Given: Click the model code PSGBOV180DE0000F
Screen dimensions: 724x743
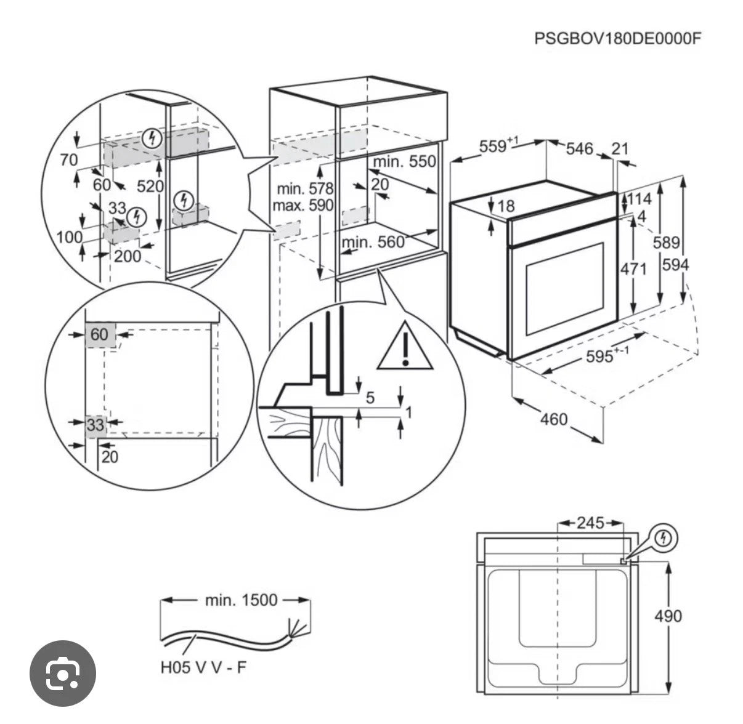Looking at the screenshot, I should click(x=617, y=38).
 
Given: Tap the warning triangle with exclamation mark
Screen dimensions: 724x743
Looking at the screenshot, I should click(x=405, y=348).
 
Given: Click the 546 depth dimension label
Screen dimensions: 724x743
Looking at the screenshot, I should click(x=579, y=148).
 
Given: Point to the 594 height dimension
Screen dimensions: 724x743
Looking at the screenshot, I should click(x=676, y=265).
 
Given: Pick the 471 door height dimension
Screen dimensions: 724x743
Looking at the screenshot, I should click(x=633, y=269).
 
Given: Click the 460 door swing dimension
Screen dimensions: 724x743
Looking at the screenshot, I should click(x=553, y=419).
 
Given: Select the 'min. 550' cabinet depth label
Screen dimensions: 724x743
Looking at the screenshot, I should click(x=404, y=162).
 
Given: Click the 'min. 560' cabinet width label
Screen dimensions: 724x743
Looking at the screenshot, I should click(x=373, y=242).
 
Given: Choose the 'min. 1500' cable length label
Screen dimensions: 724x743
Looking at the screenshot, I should click(x=242, y=600).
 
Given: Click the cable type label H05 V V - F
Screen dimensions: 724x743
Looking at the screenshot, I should click(x=203, y=667).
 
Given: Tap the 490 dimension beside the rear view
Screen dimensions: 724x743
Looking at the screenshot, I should click(x=668, y=616).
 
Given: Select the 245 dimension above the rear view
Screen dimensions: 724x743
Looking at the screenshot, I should click(x=590, y=523).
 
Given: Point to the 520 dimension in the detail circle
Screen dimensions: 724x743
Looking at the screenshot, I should click(x=149, y=186).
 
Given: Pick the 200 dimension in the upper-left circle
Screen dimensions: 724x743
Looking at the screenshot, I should click(x=128, y=255).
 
